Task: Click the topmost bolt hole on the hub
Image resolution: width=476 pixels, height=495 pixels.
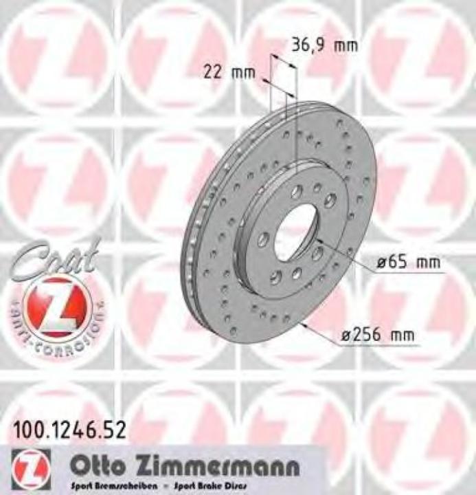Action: pos(296,192)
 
